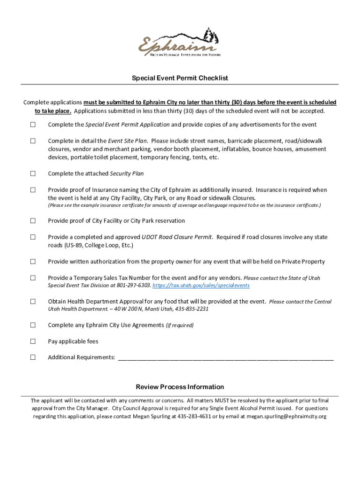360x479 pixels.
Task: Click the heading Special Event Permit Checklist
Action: click(180, 78)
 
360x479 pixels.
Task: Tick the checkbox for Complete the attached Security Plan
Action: click(33, 174)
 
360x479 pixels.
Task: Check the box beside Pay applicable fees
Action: click(33, 341)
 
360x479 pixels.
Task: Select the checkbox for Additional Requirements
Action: click(33, 357)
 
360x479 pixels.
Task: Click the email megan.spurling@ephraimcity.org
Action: click(287, 416)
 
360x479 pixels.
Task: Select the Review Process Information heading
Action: click(180, 387)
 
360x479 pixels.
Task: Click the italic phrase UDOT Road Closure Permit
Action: click(177, 237)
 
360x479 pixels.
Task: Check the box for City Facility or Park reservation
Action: click(33, 221)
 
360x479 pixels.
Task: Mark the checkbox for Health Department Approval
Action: click(33, 302)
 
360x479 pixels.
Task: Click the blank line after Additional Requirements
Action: click(226, 358)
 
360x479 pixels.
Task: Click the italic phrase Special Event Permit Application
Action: click(128, 124)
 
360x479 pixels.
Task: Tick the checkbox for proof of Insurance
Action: click(33, 190)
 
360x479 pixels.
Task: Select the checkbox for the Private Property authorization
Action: click(33, 261)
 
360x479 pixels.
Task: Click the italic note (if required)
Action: click(180, 325)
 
